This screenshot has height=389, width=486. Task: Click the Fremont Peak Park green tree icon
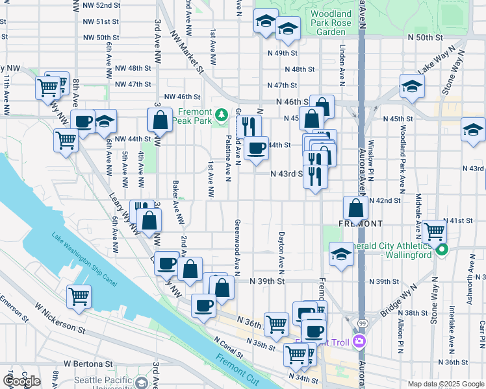(x=221, y=115)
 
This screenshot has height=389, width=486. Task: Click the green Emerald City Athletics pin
(x=442, y=250)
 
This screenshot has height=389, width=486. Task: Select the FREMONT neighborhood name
(x=360, y=223)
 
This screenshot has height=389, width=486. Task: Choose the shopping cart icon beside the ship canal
(x=79, y=296)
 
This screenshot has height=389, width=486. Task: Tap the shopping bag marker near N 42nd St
(x=355, y=209)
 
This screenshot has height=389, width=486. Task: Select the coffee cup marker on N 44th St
(x=256, y=147)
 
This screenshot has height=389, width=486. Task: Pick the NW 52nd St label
(x=101, y=5)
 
